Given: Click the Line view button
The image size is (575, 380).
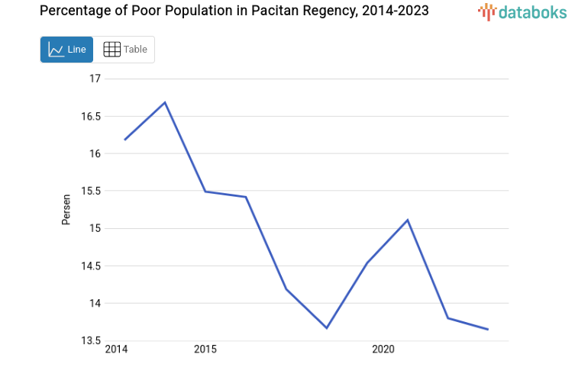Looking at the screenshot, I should coord(67,50).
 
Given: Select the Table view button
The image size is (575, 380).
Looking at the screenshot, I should coord(124,50).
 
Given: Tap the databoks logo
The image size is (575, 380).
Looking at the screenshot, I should coord(522,11).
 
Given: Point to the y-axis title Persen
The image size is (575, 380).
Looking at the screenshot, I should coord(66,209).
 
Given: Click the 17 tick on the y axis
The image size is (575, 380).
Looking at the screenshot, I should coord(95,79).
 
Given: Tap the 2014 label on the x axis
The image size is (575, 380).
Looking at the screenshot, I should coord(116,349).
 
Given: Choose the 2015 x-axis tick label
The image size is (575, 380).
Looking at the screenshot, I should coord(205,349).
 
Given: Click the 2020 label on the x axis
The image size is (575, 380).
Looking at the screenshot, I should coord(383,349).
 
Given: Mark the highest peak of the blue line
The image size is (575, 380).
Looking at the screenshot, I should coord(165,102).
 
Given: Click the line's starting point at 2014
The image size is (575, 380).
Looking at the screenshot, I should coord(124,140).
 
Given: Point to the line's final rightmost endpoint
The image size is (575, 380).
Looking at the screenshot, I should coord(488,329).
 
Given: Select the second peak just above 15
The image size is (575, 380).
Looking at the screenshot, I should coord(407,220).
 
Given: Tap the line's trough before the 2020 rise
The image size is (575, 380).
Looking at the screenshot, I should coord(326,328).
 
